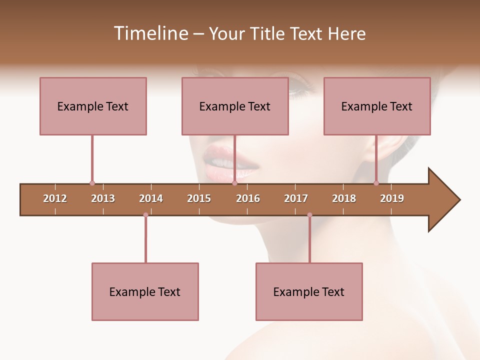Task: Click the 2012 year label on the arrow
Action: tap(55, 199)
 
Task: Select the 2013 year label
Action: tap(103, 199)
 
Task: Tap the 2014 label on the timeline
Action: tap(151, 199)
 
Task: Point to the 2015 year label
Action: tap(199, 199)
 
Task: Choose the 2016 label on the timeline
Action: tap(248, 199)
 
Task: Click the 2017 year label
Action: tap(296, 199)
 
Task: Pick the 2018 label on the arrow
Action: tap(344, 199)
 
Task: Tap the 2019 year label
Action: tap(392, 199)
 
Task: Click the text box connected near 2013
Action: tap(93, 106)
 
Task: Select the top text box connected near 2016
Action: tap(235, 106)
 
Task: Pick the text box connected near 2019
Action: tap(377, 106)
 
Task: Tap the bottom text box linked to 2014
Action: tap(145, 291)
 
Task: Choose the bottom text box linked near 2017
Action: tap(309, 291)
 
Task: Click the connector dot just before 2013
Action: tap(92, 183)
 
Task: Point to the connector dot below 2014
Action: tap(145, 215)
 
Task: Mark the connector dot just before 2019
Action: tap(376, 183)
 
